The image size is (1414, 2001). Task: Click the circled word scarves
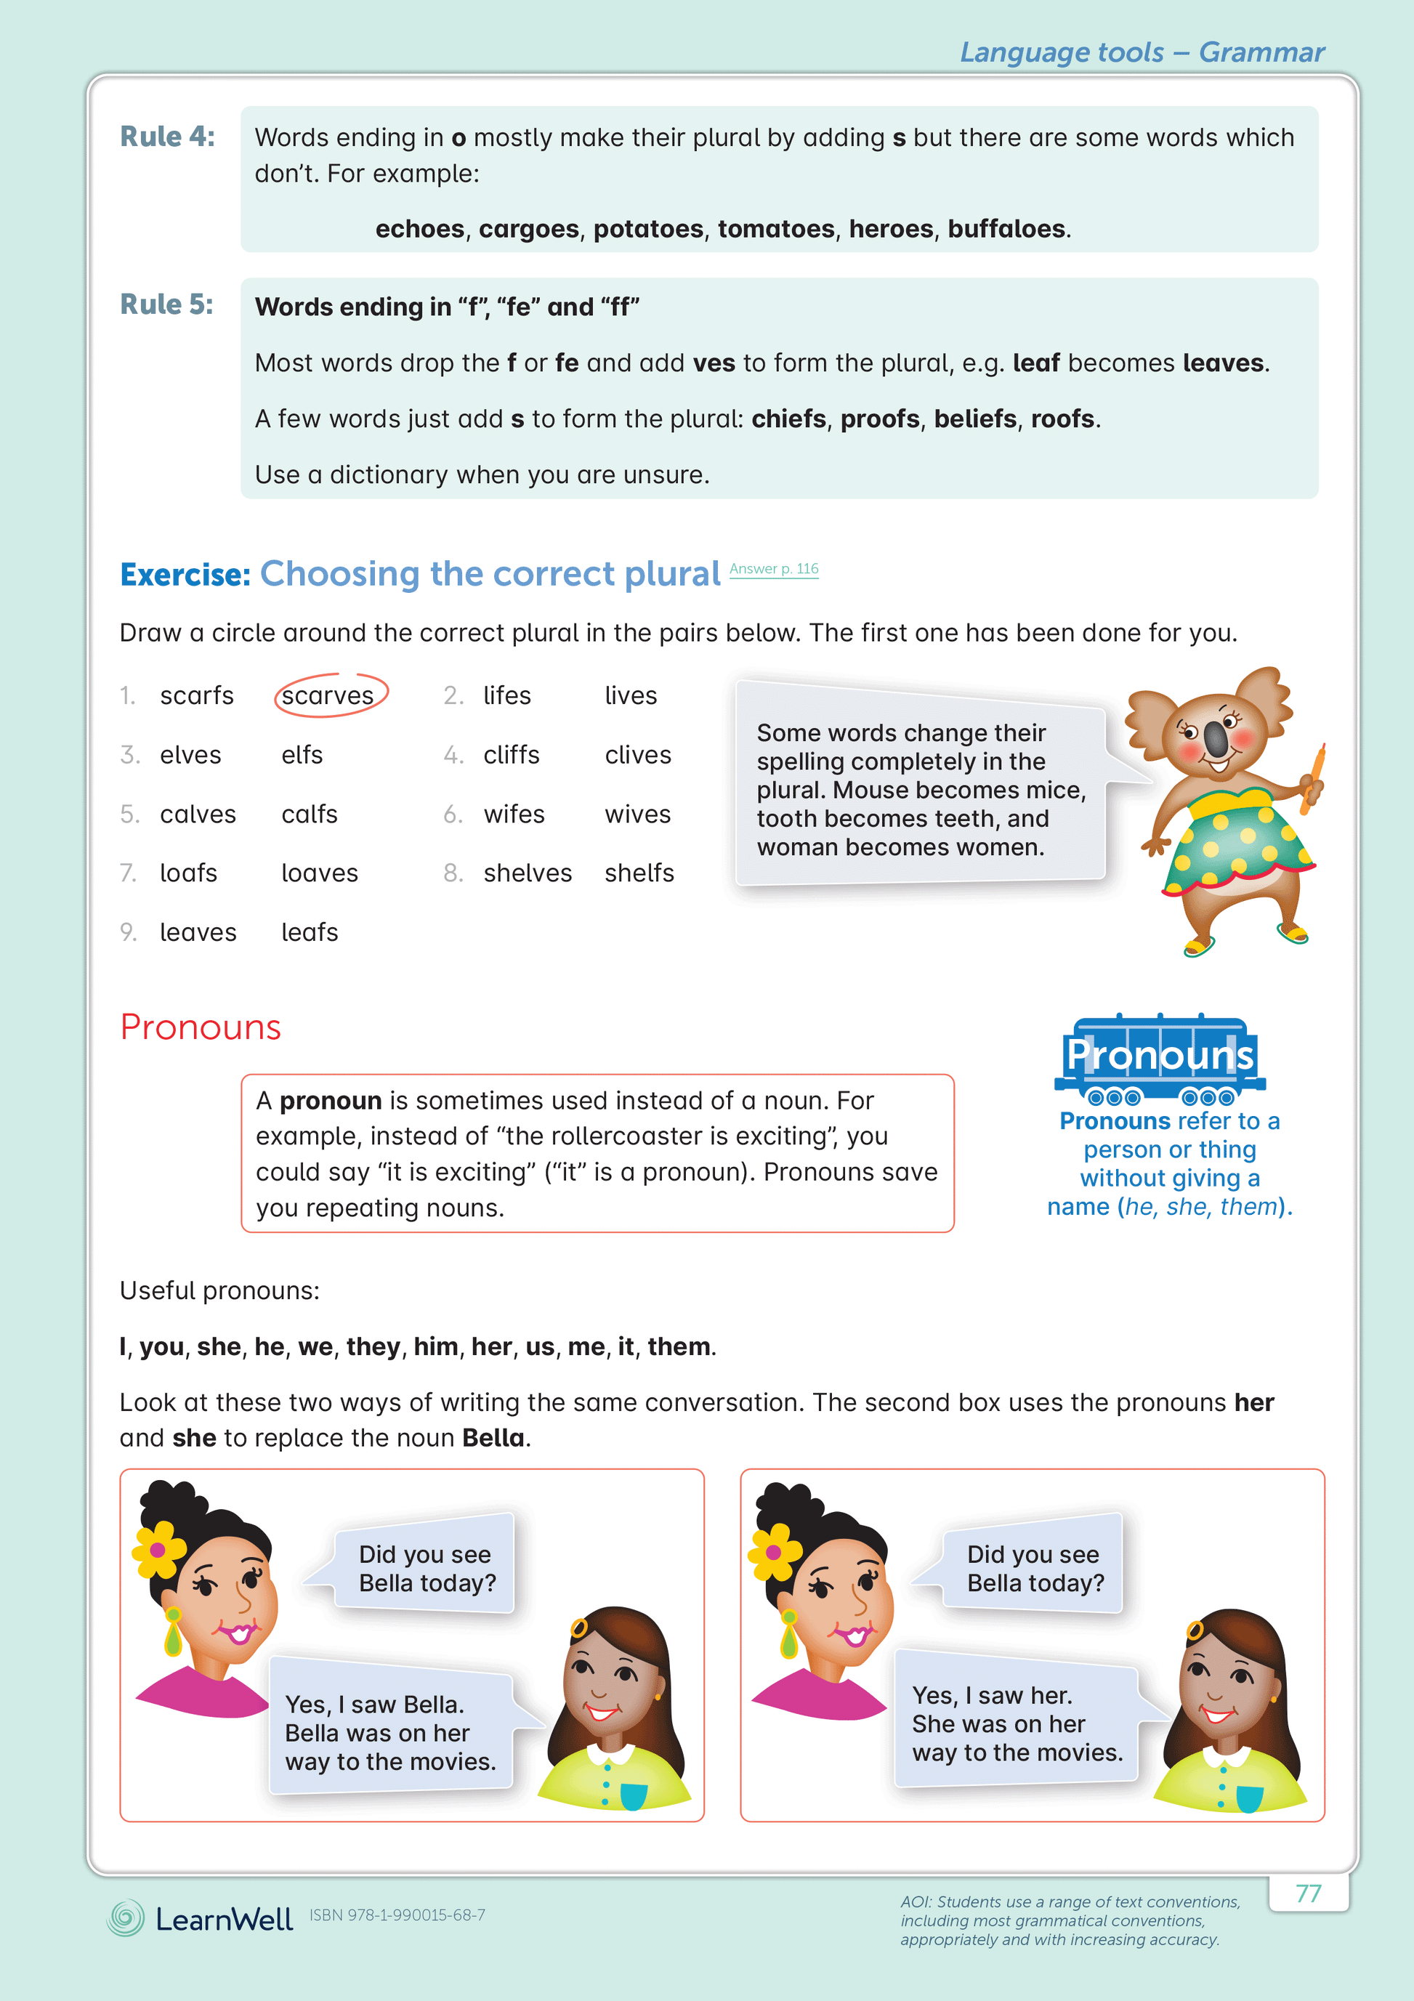328,695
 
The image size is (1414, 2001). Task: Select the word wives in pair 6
637,814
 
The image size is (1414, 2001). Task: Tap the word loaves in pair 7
319,873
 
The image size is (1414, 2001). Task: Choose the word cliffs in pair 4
511,755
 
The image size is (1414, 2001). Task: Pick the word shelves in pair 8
528,873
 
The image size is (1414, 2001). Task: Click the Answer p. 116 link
773,569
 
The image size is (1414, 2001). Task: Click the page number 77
1308,1893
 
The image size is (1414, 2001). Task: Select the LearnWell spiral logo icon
126,1918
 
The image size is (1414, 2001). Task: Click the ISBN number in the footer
397,1915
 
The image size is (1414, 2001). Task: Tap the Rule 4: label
167,137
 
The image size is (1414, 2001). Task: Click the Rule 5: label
166,305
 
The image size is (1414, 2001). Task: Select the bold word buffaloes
1006,229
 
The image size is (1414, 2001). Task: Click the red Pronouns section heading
201,1027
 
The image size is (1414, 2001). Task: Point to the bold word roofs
1062,419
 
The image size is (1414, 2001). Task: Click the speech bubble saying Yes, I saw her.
1017,1723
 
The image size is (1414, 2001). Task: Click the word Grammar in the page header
1261,52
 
